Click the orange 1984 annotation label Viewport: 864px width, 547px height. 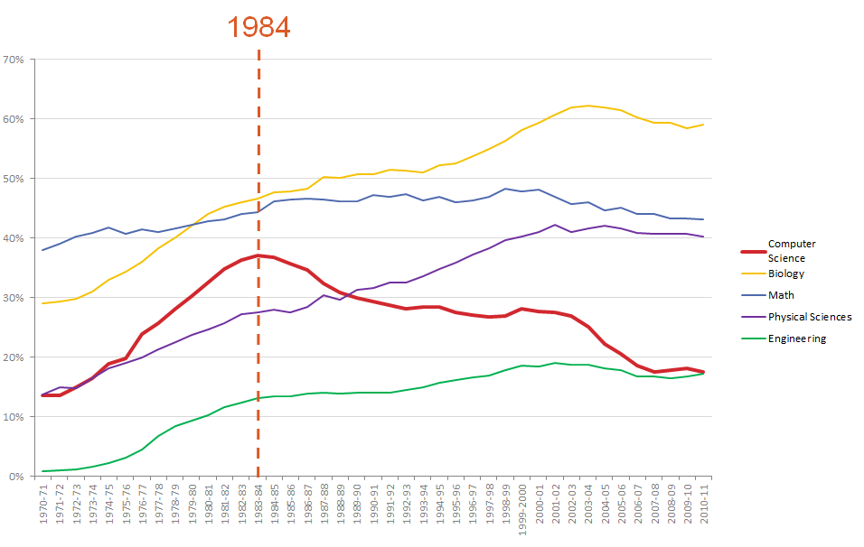point(258,27)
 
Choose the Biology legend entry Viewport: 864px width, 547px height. point(785,273)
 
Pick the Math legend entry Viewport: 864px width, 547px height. point(780,295)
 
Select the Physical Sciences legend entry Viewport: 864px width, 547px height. point(809,317)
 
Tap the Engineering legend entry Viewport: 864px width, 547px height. point(796,338)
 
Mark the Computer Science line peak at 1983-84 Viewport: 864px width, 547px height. point(258,255)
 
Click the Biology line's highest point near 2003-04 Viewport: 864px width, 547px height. point(589,106)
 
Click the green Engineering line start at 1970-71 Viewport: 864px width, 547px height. point(43,471)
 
